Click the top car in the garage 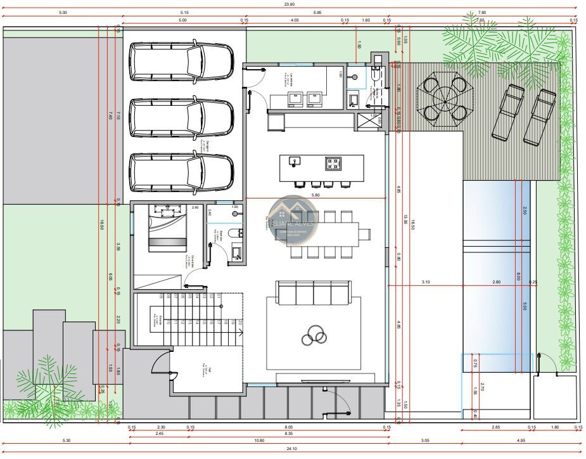pyautogui.click(x=181, y=61)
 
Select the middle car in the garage pyautogui.click(x=181, y=117)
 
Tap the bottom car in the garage pyautogui.click(x=181, y=172)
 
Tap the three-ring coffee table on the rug pyautogui.click(x=314, y=334)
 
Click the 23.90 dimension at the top pyautogui.click(x=289, y=4)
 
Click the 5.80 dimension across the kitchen pyautogui.click(x=315, y=195)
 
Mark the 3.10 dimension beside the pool pyautogui.click(x=426, y=282)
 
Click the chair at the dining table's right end pyautogui.click(x=365, y=233)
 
